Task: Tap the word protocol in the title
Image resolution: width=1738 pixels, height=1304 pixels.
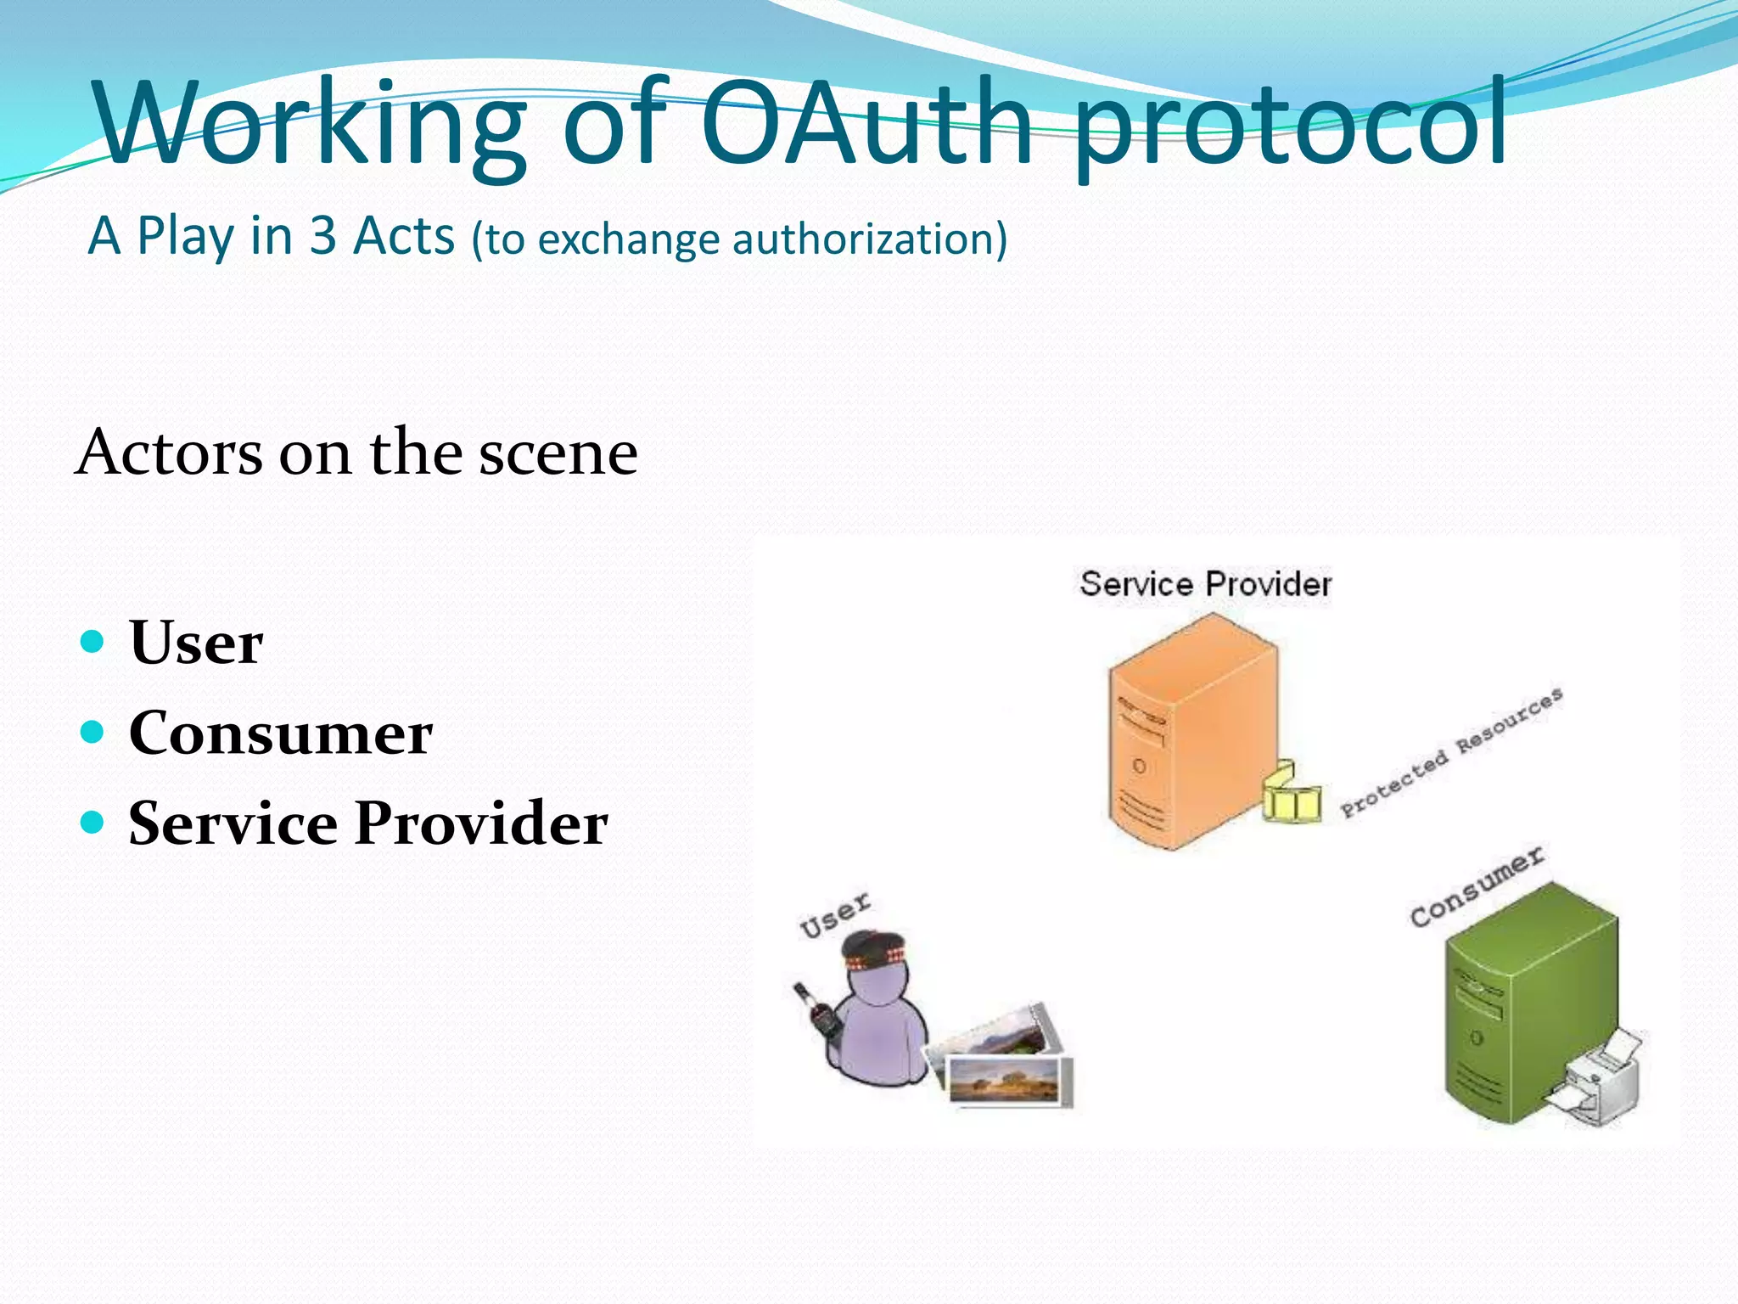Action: [x=1290, y=127]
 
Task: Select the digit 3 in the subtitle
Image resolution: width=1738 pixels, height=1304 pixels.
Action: [x=322, y=236]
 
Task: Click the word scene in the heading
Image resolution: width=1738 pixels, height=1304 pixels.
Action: [x=558, y=453]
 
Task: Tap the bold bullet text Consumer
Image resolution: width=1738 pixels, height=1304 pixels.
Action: [x=281, y=733]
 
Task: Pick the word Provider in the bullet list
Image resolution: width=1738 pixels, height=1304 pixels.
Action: [x=481, y=823]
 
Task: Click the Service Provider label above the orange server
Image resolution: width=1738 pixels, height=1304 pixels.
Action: [x=1205, y=584]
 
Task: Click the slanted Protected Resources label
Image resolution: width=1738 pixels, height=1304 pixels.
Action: [x=1451, y=753]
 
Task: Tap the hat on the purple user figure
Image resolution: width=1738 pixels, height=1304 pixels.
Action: [x=875, y=951]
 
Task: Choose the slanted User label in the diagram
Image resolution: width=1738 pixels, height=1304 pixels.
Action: [x=835, y=914]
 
